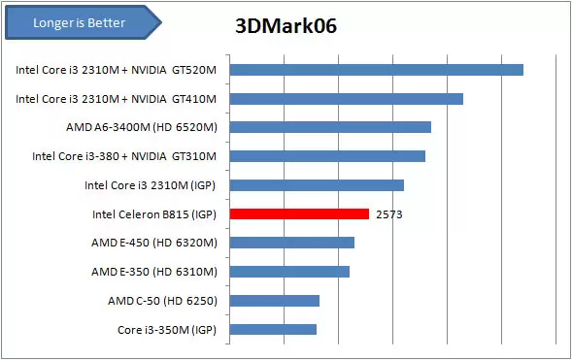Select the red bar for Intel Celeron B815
tap(299, 213)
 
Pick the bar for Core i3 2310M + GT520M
tap(376, 69)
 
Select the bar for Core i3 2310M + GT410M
tap(346, 98)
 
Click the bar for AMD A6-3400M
tap(330, 127)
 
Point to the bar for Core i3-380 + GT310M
tap(327, 156)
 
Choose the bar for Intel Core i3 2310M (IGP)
tap(317, 185)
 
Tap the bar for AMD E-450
tap(291, 243)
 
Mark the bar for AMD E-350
tap(289, 272)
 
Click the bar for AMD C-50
tap(274, 301)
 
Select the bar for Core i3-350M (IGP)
tap(273, 330)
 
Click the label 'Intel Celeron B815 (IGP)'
tap(153, 214)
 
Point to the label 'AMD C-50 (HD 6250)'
tap(162, 301)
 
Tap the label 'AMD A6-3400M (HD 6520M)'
tap(141, 127)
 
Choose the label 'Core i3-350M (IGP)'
tap(166, 330)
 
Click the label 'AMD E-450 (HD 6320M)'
tap(154, 243)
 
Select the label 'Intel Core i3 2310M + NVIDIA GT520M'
tap(117, 70)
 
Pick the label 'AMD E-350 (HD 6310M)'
tap(154, 272)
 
